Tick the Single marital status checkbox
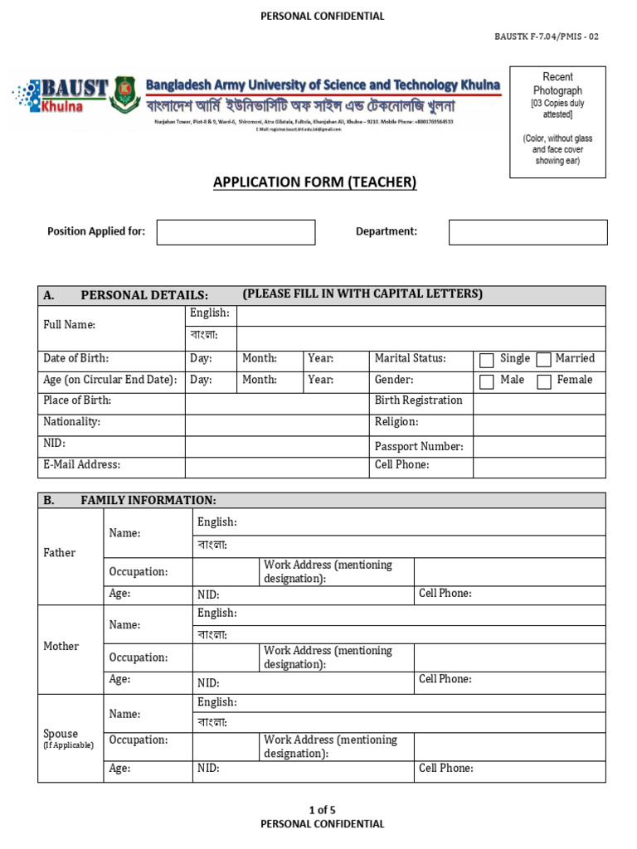click(x=487, y=360)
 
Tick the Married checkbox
click(x=544, y=360)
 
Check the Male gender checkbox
click(x=487, y=381)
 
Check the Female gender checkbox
click(x=544, y=381)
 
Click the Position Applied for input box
click(x=236, y=232)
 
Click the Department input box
click(x=528, y=232)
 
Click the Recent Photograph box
click(x=557, y=122)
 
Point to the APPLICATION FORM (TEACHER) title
click(x=315, y=182)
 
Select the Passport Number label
click(x=419, y=447)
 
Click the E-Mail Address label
click(x=81, y=465)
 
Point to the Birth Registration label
click(x=419, y=400)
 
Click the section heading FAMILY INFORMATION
click(x=148, y=500)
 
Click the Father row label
click(x=59, y=553)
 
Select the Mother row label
click(x=61, y=647)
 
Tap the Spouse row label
click(x=61, y=734)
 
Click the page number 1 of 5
click(x=323, y=810)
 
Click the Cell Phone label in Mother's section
click(x=445, y=679)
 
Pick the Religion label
click(x=396, y=422)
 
